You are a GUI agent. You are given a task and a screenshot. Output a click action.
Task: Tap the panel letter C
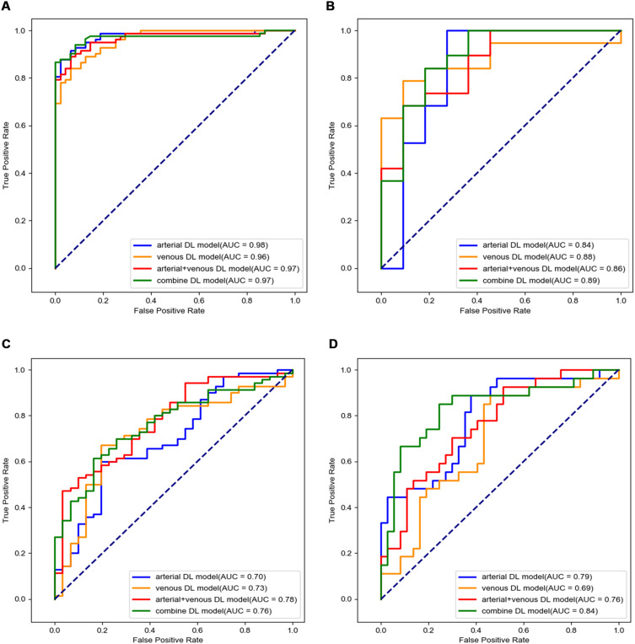(8, 345)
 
